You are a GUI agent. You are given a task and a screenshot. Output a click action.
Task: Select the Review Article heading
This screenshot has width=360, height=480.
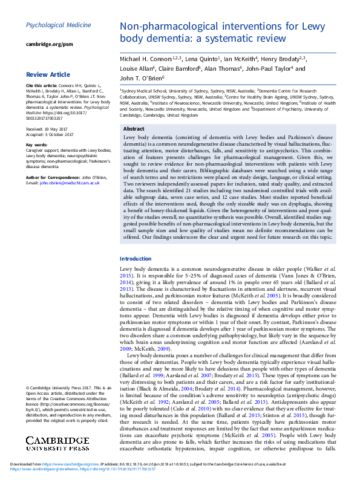pos(48,75)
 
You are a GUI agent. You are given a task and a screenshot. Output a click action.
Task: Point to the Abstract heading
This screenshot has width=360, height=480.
pos(134,129)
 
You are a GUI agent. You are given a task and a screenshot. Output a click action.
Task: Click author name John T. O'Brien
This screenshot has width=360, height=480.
pos(141,78)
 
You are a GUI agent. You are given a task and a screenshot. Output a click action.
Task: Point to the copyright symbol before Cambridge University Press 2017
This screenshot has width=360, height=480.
pos(28,387)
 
